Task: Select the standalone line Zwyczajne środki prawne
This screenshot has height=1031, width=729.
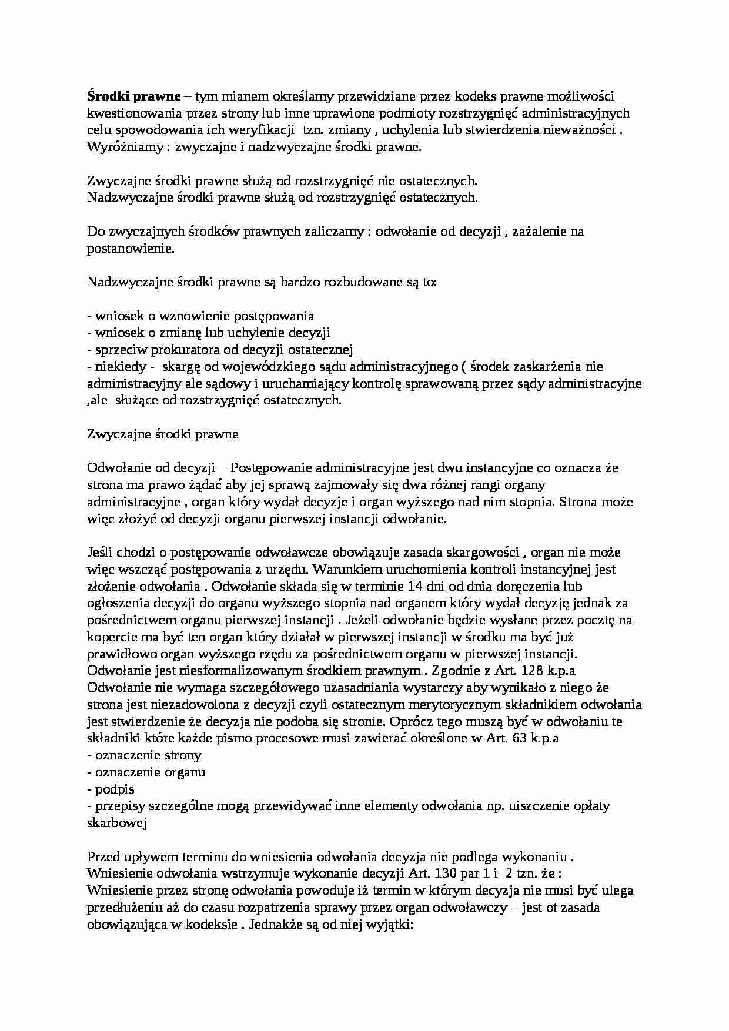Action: click(163, 434)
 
